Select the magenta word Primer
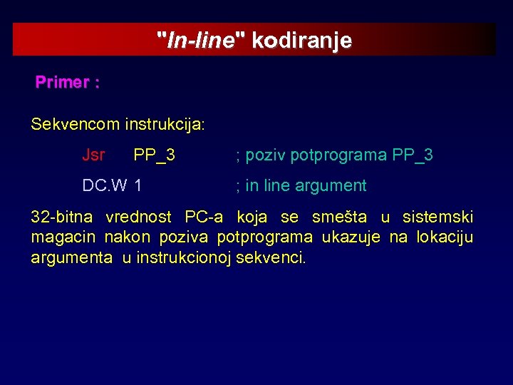click(62, 83)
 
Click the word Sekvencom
click(75, 124)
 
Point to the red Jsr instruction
click(93, 155)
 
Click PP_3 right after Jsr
click(155, 155)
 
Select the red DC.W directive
click(105, 186)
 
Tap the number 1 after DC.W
click(138, 186)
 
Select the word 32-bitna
click(61, 217)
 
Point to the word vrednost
click(138, 217)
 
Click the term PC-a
click(203, 217)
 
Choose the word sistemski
click(437, 217)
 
